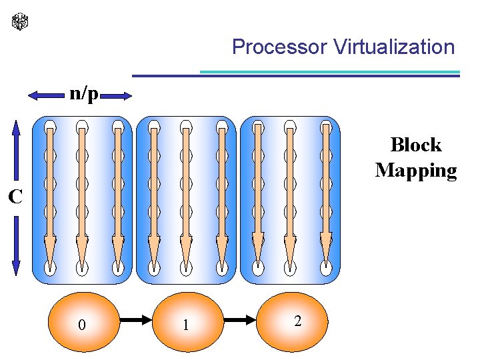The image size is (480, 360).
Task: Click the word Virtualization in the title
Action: tap(393, 47)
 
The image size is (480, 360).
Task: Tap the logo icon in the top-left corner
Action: tap(21, 21)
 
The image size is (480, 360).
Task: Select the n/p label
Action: tap(83, 94)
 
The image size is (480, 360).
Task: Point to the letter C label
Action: tap(15, 197)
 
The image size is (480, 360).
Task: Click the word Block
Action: tap(416, 145)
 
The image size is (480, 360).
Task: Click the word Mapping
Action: tap(416, 170)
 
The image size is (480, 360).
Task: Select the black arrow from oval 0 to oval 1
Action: tap(136, 321)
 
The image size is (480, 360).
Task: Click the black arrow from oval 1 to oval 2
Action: tap(241, 321)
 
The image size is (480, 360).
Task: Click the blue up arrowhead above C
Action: tap(17, 128)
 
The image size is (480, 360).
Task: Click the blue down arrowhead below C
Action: tap(17, 267)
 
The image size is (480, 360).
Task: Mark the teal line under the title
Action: tap(330, 72)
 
